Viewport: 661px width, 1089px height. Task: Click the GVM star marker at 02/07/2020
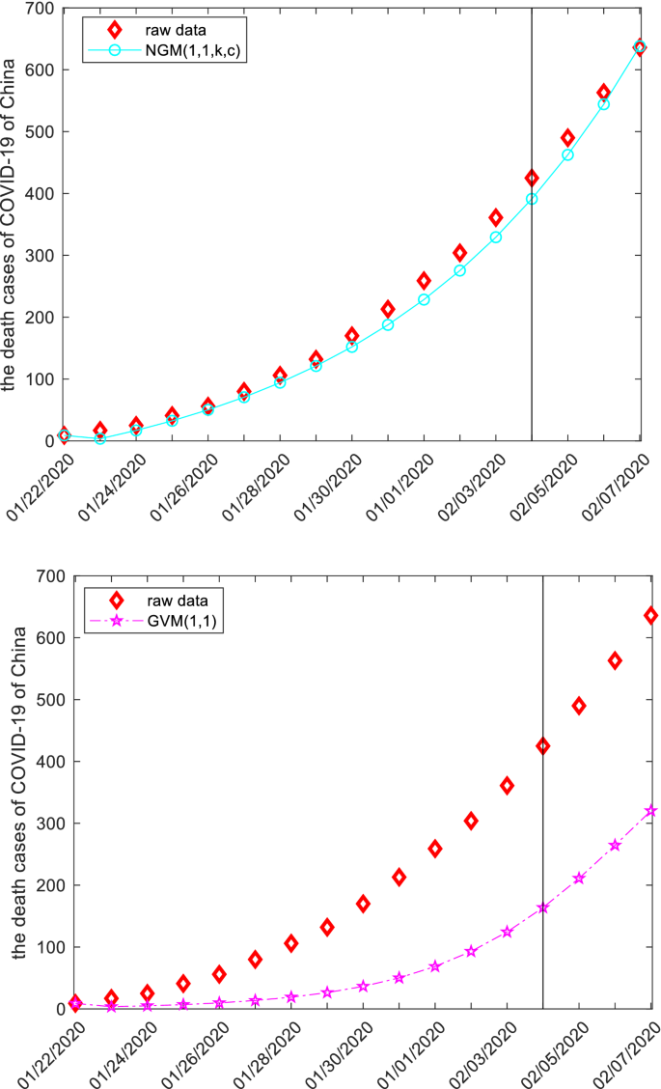(650, 811)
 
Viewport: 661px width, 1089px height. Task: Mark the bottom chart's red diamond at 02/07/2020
(650, 615)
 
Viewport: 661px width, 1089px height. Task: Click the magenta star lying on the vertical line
(543, 908)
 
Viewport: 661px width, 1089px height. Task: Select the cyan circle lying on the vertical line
(532, 199)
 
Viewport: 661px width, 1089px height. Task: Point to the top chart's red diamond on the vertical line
(532, 178)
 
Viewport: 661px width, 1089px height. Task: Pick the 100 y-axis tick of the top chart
(39, 379)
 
